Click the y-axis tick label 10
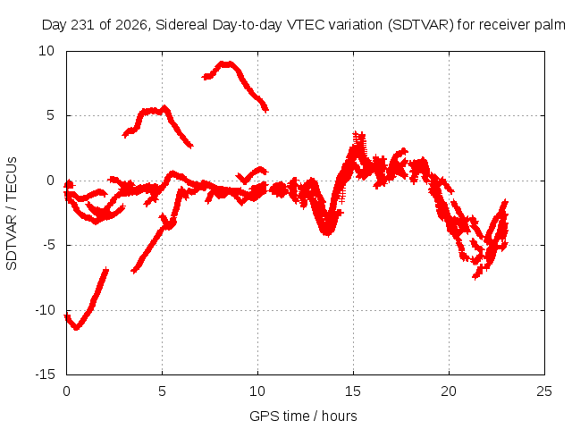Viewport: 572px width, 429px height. coord(46,51)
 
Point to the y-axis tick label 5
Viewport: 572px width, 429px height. coord(50,115)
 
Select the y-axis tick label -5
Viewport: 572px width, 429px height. coord(48,245)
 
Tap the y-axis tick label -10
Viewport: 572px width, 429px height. coord(45,310)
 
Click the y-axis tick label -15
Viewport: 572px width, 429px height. coord(45,374)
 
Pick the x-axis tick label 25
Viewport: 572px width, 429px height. coord(544,391)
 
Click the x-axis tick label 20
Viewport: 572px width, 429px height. coord(449,391)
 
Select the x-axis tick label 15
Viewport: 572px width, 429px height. coord(353,391)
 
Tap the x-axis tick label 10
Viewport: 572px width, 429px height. coord(257,391)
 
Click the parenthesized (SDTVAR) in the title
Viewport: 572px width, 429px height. coord(420,25)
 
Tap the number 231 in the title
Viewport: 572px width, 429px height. coord(83,25)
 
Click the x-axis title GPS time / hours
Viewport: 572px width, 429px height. coord(303,416)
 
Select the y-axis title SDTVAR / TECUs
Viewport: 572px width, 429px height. coord(12,214)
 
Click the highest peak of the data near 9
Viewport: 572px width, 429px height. coord(226,64)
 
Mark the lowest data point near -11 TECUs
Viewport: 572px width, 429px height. coord(76,328)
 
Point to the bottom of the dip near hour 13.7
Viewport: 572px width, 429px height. coord(328,232)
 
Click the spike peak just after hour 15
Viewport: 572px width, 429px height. coord(359,135)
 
